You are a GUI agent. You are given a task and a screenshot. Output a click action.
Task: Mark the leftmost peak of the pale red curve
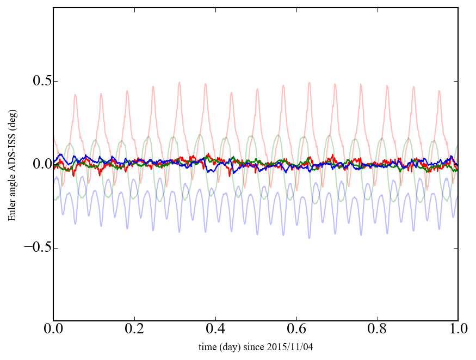[75, 95]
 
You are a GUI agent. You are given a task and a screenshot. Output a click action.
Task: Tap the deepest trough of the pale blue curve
[310, 238]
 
